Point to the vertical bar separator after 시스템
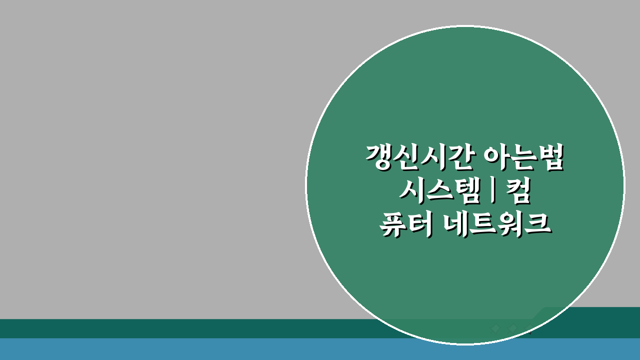(493, 192)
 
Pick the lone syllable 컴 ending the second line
(517, 192)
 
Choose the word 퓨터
(405, 225)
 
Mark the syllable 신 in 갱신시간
(407, 158)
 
